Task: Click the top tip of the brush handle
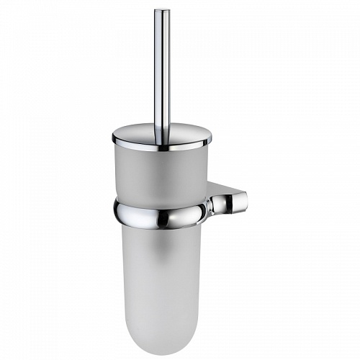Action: click(x=162, y=10)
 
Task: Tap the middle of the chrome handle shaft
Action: click(x=162, y=68)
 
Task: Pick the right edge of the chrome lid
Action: click(x=211, y=137)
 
